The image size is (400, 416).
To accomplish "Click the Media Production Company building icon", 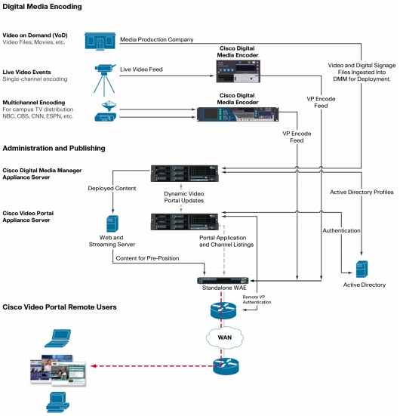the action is point(100,41).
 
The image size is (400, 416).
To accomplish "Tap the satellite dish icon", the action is point(109,106).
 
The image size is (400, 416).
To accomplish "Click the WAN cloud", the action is point(225,337).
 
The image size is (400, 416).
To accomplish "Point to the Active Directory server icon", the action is point(362,269).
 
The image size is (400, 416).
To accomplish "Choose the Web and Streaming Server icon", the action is point(112,223).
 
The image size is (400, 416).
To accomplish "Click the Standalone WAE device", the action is point(223,280).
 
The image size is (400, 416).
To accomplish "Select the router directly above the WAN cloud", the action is point(223,310).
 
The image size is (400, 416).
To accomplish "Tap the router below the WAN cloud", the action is point(226,366).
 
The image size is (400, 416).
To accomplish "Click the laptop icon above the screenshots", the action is point(58,338).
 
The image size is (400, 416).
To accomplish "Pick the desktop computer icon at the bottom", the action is point(58,402).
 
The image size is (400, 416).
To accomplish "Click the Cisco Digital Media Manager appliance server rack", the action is point(185,174).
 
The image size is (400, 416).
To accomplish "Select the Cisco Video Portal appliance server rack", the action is point(185,222).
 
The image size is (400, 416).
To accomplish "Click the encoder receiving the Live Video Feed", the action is point(238,71).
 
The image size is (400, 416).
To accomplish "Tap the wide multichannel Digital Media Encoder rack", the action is point(238,114).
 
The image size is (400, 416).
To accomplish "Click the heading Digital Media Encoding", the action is point(42,7).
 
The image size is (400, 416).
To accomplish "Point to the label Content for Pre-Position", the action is point(147,258).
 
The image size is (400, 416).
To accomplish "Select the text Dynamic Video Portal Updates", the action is point(184,197).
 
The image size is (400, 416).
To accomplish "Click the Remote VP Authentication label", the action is point(257,300).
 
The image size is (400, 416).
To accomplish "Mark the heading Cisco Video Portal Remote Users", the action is point(60,307).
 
